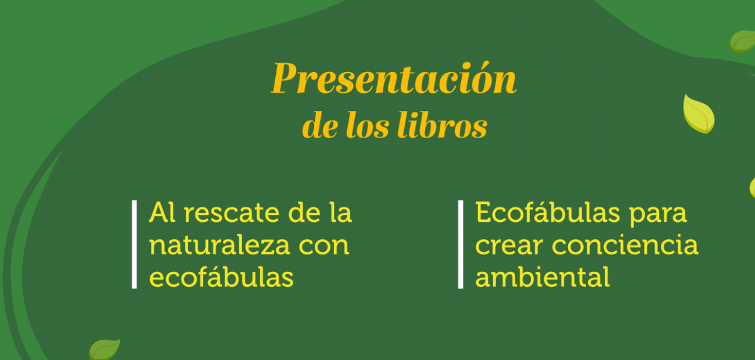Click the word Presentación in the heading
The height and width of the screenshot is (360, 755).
click(x=394, y=78)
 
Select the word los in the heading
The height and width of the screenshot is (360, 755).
click(x=368, y=125)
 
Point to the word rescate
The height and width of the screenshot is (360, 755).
click(x=232, y=213)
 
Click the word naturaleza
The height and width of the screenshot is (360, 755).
click(x=220, y=246)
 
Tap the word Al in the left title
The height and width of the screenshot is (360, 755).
click(x=162, y=212)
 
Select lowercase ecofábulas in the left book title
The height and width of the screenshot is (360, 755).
click(x=221, y=277)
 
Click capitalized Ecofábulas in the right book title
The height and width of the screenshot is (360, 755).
click(x=547, y=212)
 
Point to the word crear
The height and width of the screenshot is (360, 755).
click(x=509, y=246)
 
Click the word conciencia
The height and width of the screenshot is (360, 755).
click(x=625, y=244)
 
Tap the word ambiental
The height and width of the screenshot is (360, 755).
click(x=542, y=277)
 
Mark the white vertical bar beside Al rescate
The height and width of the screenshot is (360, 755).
click(x=134, y=244)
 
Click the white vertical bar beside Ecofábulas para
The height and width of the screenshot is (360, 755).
click(x=461, y=244)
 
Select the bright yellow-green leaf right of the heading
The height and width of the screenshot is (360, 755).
click(x=698, y=114)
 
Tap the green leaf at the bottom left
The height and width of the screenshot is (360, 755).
click(x=105, y=350)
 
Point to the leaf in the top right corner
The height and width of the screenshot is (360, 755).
click(x=743, y=41)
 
